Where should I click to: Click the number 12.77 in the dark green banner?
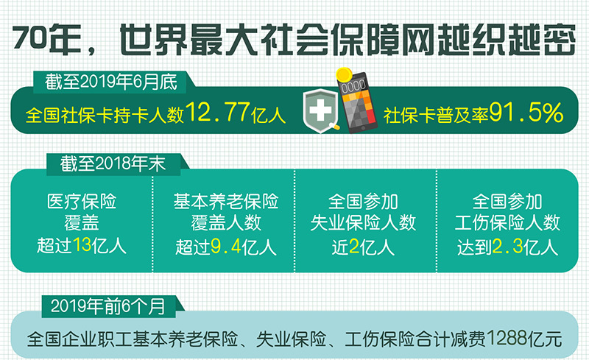pos(217,113)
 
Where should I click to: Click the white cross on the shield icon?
pos(320,110)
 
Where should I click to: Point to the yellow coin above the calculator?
pos(343,75)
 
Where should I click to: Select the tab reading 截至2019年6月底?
pos(111,82)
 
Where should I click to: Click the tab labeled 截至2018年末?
pos(113,164)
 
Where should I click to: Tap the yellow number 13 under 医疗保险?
pos(82,245)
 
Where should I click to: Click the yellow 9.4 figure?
pos(225,247)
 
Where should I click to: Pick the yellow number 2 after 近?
pos(354,247)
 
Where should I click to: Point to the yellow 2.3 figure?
pos(507,247)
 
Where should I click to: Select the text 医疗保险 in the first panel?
pos(82,202)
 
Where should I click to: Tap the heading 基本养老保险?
pos(226,202)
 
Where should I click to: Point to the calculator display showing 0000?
pos(353,86)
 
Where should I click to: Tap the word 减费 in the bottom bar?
pos(469,339)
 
